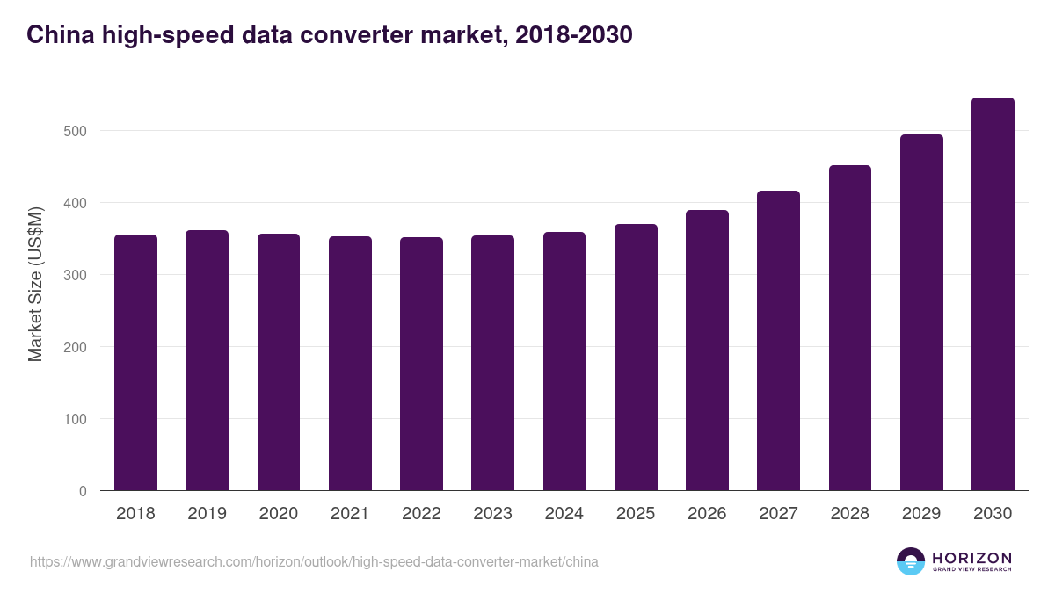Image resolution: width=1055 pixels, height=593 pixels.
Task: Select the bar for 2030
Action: (x=993, y=294)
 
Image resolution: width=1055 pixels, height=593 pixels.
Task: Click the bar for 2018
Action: (x=135, y=363)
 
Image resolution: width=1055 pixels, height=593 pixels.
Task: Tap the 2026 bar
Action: (x=707, y=351)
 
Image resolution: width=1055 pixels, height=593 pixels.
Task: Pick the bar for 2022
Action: (x=421, y=364)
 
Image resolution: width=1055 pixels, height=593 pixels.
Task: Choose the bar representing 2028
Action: (x=850, y=328)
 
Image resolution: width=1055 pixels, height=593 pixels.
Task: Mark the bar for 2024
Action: (x=564, y=361)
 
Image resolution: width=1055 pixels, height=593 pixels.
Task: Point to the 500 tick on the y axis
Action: (x=76, y=131)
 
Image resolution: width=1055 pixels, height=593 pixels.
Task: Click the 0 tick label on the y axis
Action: (x=83, y=491)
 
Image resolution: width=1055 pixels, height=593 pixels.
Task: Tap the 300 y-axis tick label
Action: (x=76, y=275)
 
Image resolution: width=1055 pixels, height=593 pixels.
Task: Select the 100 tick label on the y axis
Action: (x=76, y=419)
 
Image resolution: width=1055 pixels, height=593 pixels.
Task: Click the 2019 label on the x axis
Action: (x=207, y=514)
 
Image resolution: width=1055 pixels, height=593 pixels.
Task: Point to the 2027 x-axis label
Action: (x=778, y=514)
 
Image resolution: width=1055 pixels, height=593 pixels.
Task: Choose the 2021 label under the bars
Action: (x=349, y=514)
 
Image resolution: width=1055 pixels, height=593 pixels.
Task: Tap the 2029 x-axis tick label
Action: (x=921, y=514)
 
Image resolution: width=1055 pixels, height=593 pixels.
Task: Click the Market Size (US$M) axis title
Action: (x=35, y=285)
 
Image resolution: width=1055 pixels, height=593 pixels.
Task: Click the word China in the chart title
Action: (x=57, y=35)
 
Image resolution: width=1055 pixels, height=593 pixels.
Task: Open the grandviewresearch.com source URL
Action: (x=314, y=561)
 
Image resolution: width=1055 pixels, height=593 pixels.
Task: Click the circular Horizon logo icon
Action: (x=911, y=561)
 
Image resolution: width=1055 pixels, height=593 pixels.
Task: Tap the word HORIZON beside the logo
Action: (x=971, y=557)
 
